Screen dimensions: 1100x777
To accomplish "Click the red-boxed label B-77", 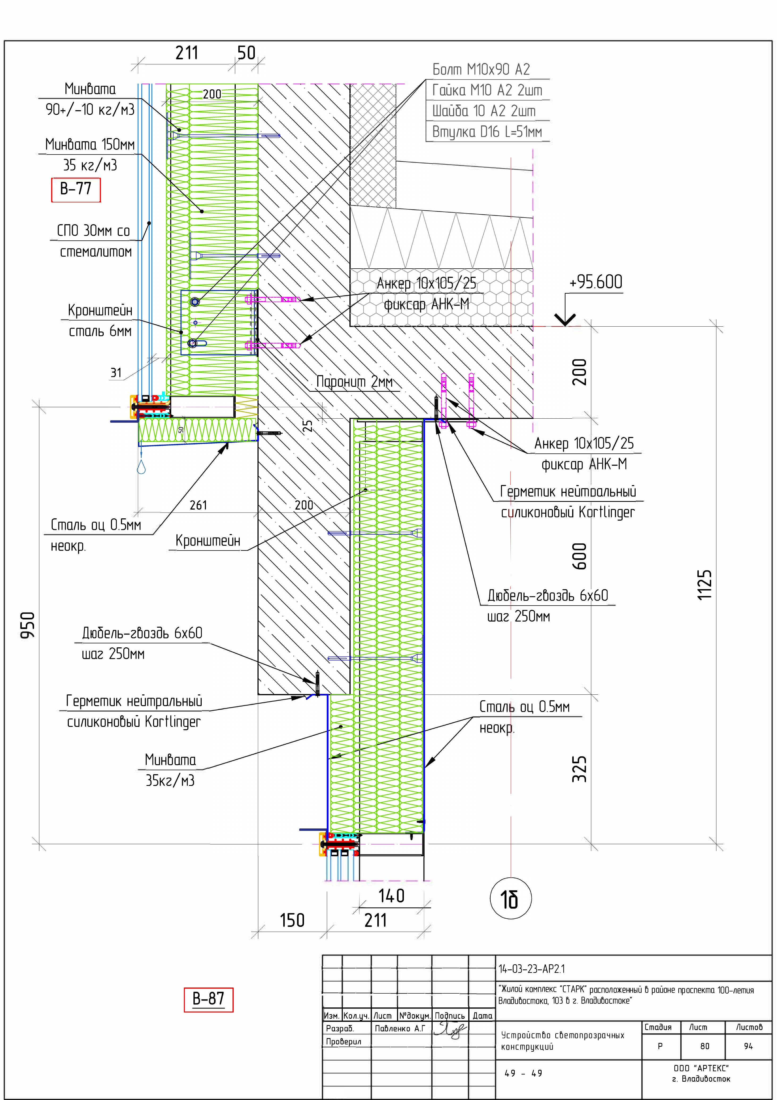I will click(76, 189).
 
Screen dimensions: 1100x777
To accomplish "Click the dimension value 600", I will click(579, 556).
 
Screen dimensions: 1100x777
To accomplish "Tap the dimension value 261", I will click(198, 505).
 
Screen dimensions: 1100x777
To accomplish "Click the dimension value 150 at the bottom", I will click(292, 920).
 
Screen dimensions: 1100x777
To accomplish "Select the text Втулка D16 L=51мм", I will click(487, 132).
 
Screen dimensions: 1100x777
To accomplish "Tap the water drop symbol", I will click(141, 467).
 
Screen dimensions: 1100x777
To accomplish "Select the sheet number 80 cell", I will click(705, 1046).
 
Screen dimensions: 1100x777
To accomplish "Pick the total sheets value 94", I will click(748, 1046).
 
